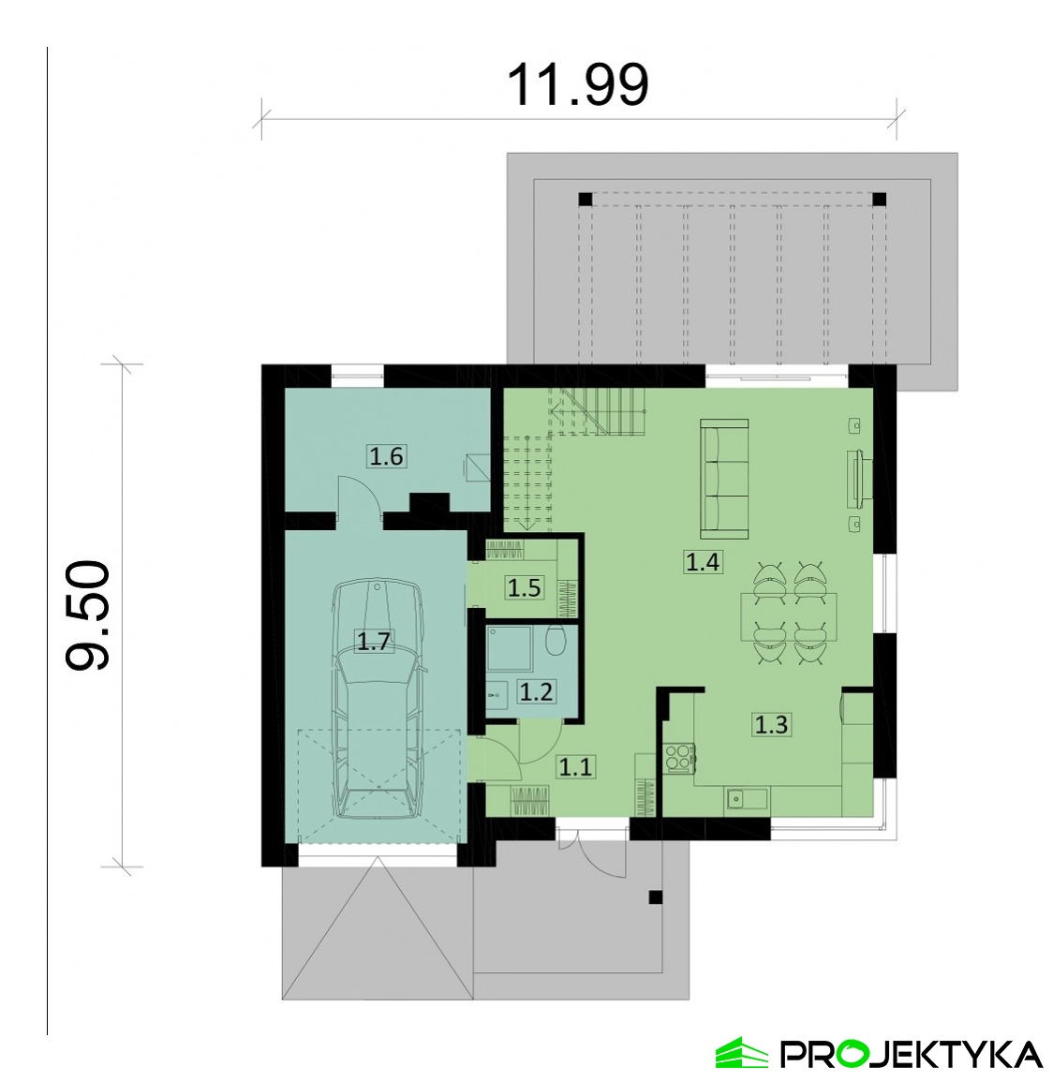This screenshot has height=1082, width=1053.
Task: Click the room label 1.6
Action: (x=386, y=456)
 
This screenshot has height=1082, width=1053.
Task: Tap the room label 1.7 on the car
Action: (x=374, y=642)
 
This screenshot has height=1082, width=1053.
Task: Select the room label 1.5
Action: (x=525, y=588)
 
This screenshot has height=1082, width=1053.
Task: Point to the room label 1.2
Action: (x=536, y=691)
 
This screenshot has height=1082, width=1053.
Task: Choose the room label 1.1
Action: (x=575, y=766)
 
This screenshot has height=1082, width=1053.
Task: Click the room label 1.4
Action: (x=703, y=562)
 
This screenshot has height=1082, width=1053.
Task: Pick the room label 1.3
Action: (x=771, y=724)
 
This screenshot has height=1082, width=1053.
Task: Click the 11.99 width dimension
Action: (x=578, y=85)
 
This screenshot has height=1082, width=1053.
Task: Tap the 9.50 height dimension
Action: (x=88, y=615)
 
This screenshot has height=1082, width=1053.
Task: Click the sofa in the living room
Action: (x=724, y=479)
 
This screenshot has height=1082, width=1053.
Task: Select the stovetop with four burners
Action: (x=679, y=756)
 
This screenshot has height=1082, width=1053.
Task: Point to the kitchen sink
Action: (x=746, y=800)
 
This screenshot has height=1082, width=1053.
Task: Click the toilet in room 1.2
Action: (x=556, y=642)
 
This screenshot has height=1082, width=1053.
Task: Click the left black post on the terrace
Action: (x=586, y=200)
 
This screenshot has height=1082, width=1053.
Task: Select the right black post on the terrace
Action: (x=879, y=200)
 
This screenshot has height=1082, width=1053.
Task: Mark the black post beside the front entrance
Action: (x=656, y=897)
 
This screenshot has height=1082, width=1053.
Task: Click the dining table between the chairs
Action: (x=789, y=617)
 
